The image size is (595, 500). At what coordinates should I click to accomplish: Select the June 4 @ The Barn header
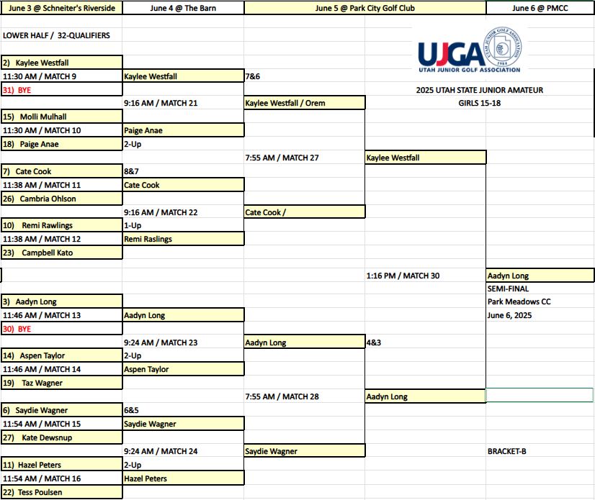183,8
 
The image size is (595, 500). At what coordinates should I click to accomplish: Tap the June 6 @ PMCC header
540,8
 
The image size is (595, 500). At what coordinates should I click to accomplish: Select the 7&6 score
253,76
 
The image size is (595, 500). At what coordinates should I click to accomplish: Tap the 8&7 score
132,171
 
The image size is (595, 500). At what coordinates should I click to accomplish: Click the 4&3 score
374,342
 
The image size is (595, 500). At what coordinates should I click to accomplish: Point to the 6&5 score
132,410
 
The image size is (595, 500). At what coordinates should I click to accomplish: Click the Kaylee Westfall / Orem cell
285,103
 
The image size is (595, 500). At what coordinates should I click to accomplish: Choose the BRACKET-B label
506,451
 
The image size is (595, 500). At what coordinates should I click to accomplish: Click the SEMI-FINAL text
509,288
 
